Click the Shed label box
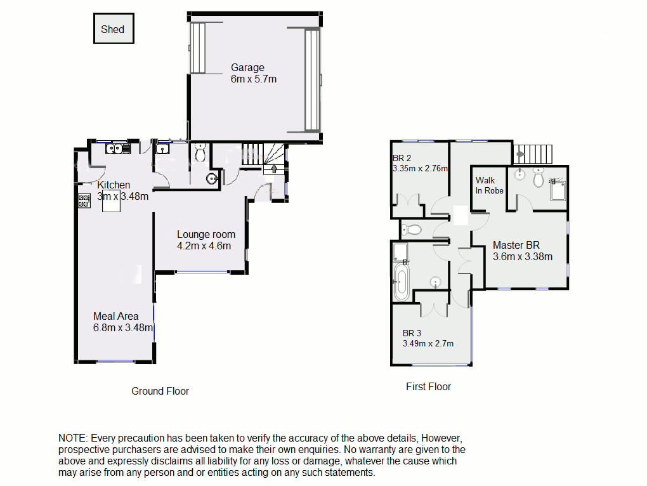[x=113, y=29]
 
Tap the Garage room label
[x=247, y=68]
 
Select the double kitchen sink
[x=117, y=149]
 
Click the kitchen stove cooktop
[x=84, y=201]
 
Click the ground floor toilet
[x=201, y=154]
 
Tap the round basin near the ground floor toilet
[x=211, y=179]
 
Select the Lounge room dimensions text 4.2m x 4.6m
[x=204, y=246]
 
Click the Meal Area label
[x=115, y=316]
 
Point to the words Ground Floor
[x=160, y=391]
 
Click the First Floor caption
[x=428, y=386]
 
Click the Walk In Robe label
[x=489, y=185]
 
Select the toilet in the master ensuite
[x=539, y=178]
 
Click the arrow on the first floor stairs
[x=519, y=153]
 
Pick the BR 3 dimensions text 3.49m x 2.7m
[x=428, y=344]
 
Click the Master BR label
[x=516, y=245]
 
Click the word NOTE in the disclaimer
[x=73, y=438]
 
